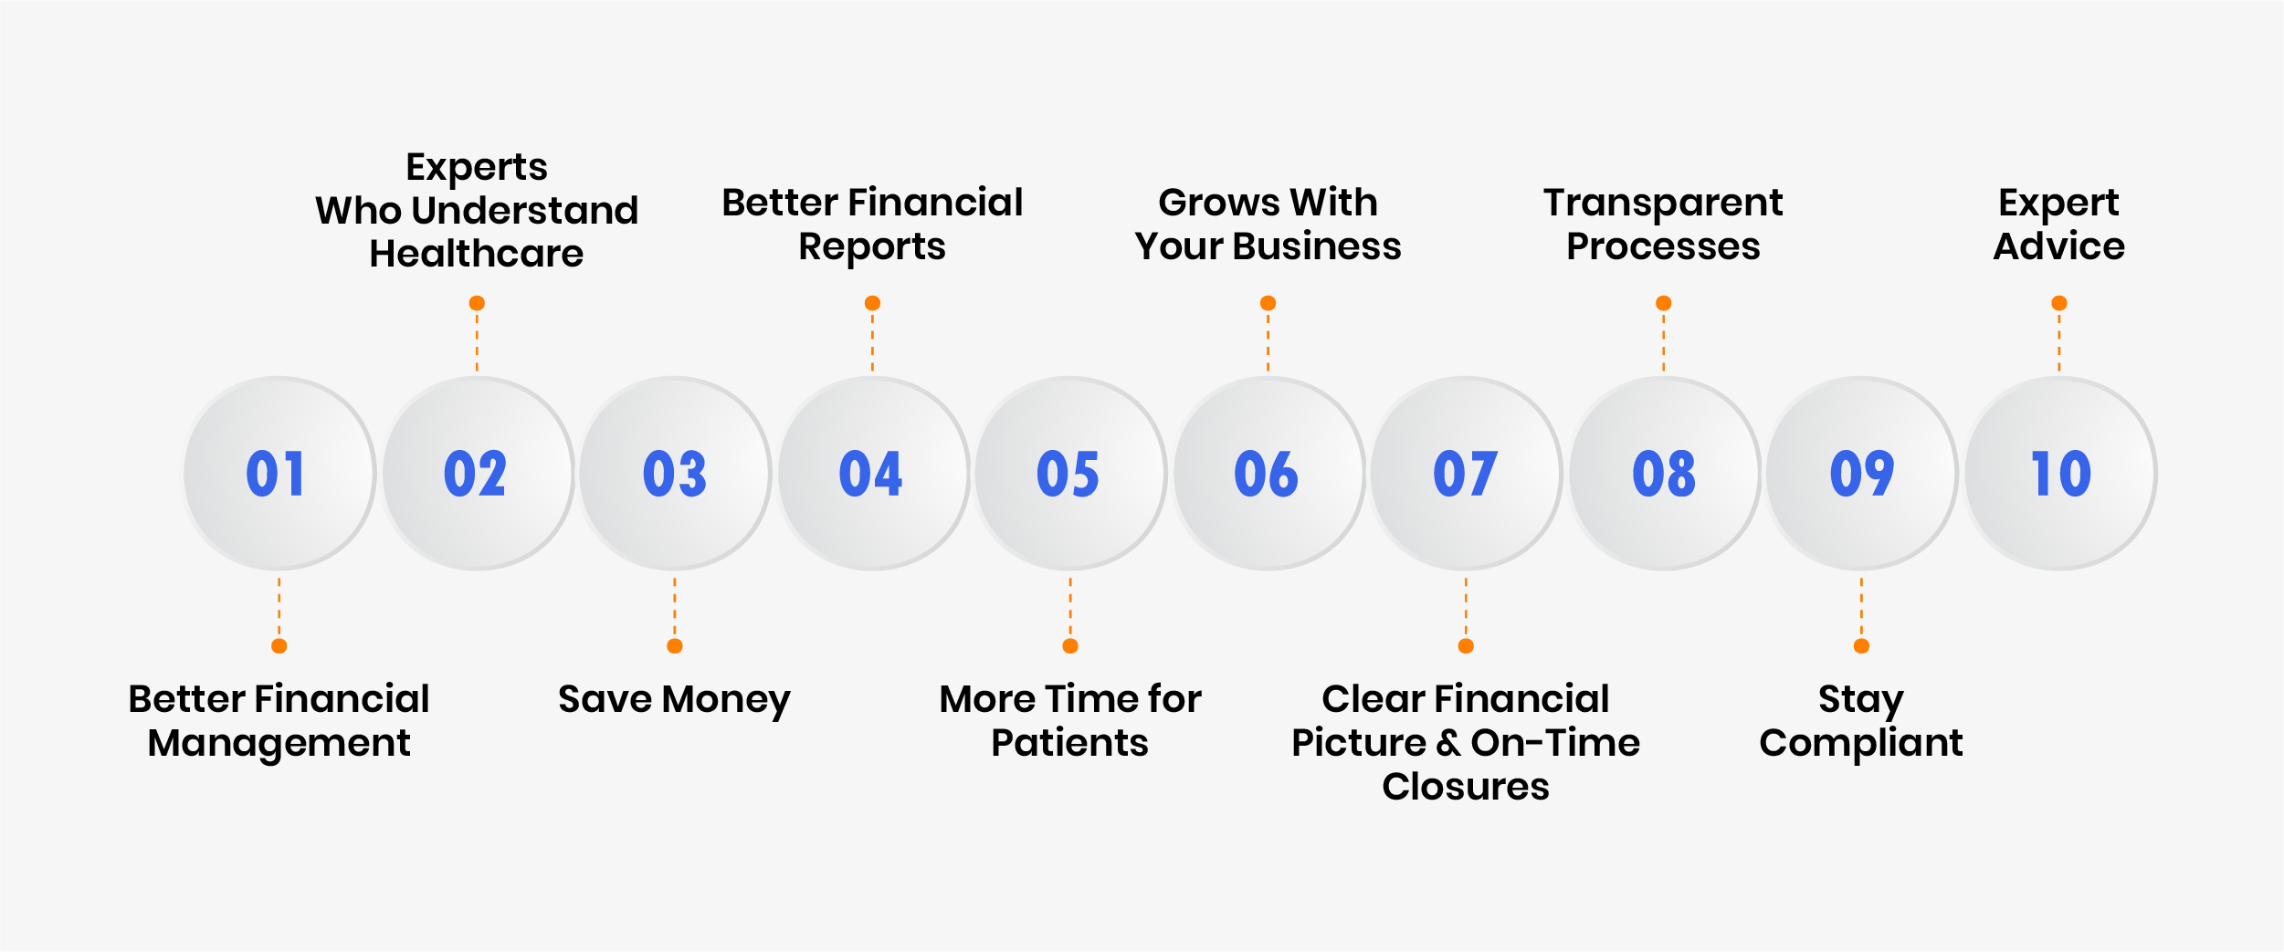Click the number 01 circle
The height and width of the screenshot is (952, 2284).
point(279,473)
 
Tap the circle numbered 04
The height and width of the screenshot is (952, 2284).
point(872,473)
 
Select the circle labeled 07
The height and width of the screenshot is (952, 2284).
point(1466,473)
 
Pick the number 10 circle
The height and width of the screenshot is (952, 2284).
point(2059,473)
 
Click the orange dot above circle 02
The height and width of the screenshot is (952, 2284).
point(477,303)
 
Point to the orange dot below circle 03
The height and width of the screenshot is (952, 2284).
point(675,646)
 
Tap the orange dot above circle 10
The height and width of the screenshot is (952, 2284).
point(2059,303)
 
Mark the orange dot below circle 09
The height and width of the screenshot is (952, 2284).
point(1861,646)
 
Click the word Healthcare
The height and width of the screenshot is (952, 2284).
point(477,253)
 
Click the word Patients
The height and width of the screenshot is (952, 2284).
point(1069,743)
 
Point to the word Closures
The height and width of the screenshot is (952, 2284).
point(1466,786)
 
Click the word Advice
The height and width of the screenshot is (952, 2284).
point(2059,246)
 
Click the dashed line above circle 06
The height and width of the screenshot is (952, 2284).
point(1268,341)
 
